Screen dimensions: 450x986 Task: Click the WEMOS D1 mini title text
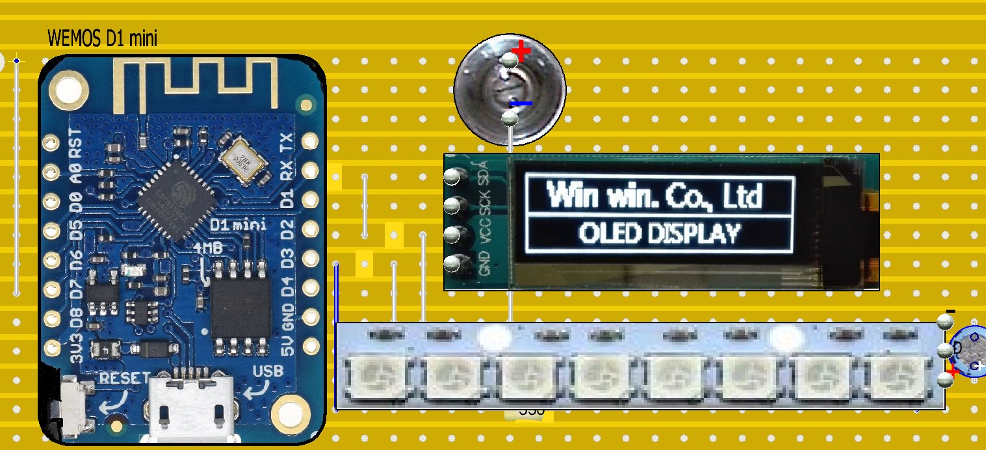(103, 39)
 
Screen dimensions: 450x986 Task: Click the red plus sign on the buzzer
(521, 50)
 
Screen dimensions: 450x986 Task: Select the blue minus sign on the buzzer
(521, 103)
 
